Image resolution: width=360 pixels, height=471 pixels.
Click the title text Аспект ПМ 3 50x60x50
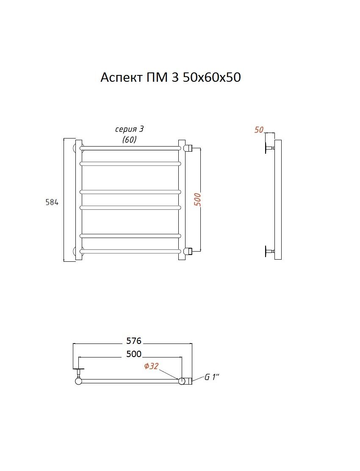pos(171,78)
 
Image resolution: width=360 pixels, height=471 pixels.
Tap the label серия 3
pos(130,129)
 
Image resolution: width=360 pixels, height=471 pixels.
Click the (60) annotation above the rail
pos(130,140)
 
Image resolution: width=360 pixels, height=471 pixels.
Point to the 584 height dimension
pos(52,202)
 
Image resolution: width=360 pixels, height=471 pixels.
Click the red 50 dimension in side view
pos(259,130)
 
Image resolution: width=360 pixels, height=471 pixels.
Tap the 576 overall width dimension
pos(133,341)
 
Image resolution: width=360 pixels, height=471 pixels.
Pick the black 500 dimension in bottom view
pos(133,354)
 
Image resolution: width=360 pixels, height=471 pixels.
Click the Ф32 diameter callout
pos(151,366)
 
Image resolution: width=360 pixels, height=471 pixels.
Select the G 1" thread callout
pos(212,377)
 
